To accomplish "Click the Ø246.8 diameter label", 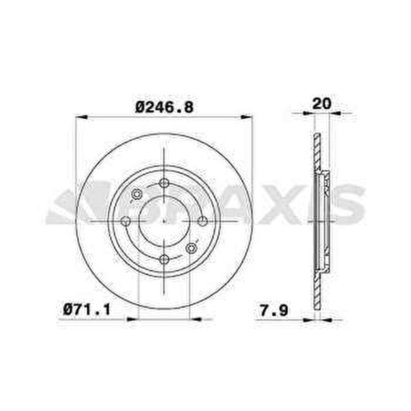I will [x=164, y=107].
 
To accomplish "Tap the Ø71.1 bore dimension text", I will [x=87, y=309].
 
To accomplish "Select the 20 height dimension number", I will [x=321, y=103].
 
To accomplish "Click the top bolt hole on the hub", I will [x=164, y=183].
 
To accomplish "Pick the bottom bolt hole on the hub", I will [x=164, y=259].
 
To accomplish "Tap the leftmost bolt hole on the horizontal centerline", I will [x=126, y=221].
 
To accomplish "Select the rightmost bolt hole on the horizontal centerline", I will [x=202, y=221].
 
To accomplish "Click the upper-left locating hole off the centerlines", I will [x=137, y=194].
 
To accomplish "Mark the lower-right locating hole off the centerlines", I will [x=191, y=248].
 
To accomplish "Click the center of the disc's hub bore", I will [x=164, y=221].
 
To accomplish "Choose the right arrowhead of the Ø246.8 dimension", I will [x=247, y=117].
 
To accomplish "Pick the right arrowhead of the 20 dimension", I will [x=334, y=113].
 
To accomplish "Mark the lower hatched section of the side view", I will [x=317, y=289].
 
